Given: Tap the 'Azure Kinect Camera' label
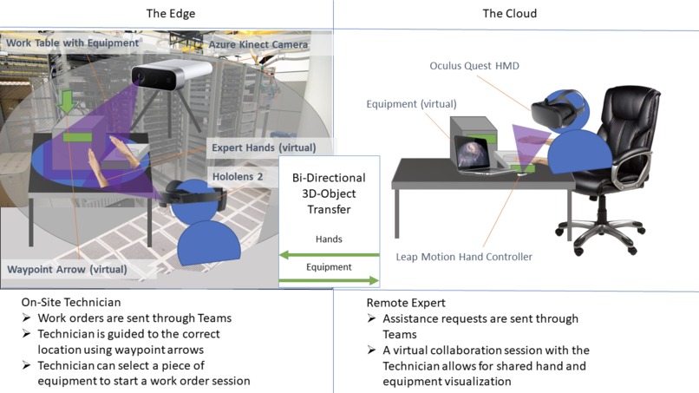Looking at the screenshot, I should click(258, 43).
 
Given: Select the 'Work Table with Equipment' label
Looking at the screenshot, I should click(73, 42).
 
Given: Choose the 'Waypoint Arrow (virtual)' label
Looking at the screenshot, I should click(67, 270).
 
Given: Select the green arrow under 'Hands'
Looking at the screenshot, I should click(329, 254).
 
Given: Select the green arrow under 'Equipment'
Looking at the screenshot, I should click(329, 280).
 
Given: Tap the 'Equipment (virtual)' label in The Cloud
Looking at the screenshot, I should click(411, 103).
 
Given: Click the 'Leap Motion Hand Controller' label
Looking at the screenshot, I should click(464, 256).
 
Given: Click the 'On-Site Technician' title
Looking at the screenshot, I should click(71, 303).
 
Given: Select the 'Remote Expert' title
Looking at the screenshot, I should click(407, 303).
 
